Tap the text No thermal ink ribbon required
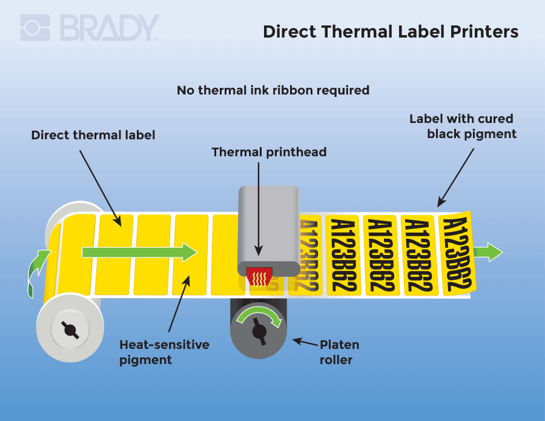tap(272, 90)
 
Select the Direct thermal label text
tap(93, 135)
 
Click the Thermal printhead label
tap(269, 152)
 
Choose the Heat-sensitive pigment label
tap(164, 352)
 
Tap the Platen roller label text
tap(339, 352)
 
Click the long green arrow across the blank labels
tap(139, 251)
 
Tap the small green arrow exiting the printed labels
tap(488, 251)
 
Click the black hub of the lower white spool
tap(70, 330)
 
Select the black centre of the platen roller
tap(259, 331)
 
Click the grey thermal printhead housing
tap(269, 224)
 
